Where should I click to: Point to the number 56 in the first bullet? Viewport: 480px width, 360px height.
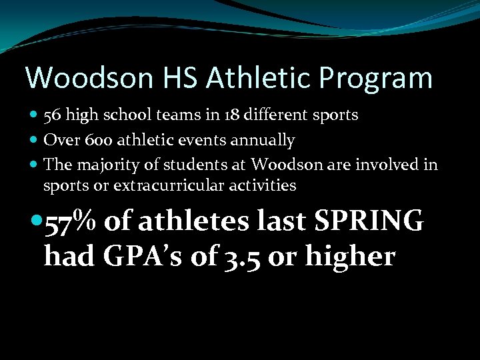tap(52, 115)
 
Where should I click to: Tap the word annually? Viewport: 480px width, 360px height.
tap(265, 140)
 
